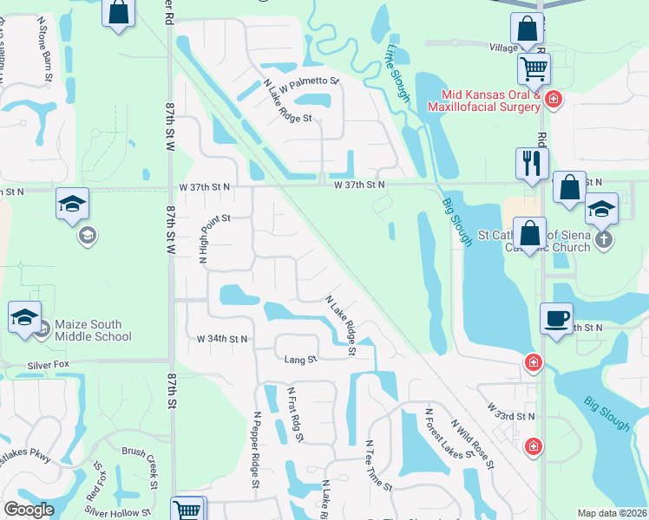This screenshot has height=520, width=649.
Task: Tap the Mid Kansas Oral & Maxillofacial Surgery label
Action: (479, 101)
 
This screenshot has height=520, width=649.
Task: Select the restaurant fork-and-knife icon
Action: (531, 163)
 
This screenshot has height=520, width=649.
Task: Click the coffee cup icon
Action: (556, 317)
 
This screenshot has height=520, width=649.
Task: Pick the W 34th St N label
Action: (223, 338)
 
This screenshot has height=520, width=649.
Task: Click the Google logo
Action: (29, 509)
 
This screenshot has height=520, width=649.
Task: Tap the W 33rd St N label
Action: (511, 411)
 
